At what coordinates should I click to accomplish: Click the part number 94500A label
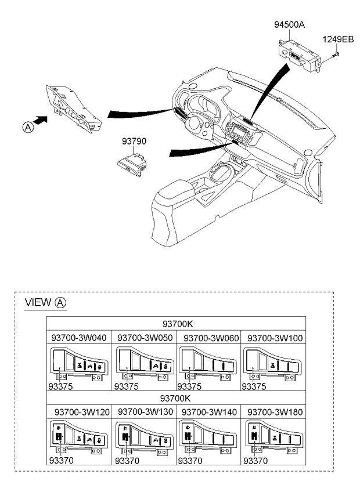pyautogui.click(x=289, y=24)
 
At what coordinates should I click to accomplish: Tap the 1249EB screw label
pyautogui.click(x=338, y=39)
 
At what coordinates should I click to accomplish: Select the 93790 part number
pyautogui.click(x=134, y=141)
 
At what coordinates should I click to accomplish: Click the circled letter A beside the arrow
pyautogui.click(x=28, y=128)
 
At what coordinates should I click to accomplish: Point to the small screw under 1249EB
pyautogui.click(x=336, y=56)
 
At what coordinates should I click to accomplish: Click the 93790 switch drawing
pyautogui.click(x=132, y=164)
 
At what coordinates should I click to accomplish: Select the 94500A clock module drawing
pyautogui.click(x=300, y=57)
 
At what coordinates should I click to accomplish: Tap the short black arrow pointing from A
pyautogui.click(x=40, y=120)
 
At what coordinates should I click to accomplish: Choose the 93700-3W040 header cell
pyautogui.click(x=79, y=338)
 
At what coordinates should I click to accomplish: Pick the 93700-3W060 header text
pyautogui.click(x=211, y=338)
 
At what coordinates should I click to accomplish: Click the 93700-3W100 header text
pyautogui.click(x=275, y=338)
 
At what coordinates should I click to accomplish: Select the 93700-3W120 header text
pyautogui.click(x=82, y=412)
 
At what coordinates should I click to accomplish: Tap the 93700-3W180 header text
pyautogui.click(x=275, y=412)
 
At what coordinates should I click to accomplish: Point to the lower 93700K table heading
pyautogui.click(x=175, y=398)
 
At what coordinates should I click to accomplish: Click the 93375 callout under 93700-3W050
pyautogui.click(x=126, y=386)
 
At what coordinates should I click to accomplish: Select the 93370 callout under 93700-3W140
pyautogui.click(x=190, y=461)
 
